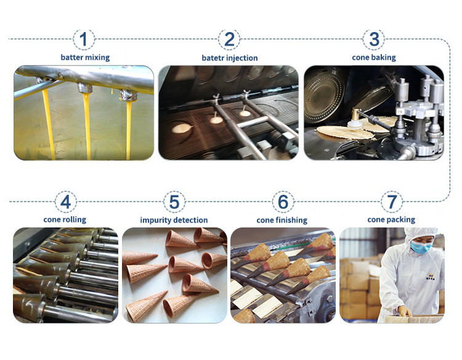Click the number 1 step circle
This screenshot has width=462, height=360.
click(x=84, y=39)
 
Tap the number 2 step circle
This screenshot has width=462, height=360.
click(x=229, y=39)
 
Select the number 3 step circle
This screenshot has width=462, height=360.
click(x=374, y=39)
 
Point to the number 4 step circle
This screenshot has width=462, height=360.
click(x=66, y=202)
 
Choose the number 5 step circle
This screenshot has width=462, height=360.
click(x=174, y=202)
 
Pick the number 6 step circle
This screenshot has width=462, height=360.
click(x=283, y=202)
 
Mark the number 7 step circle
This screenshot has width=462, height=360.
click(x=392, y=202)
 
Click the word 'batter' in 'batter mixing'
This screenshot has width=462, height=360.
click(x=71, y=57)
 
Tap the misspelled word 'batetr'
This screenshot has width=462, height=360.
click(x=211, y=58)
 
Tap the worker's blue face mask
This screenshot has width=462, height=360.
click(x=421, y=247)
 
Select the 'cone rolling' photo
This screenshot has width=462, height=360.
click(x=66, y=275)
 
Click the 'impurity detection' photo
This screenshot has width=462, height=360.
click(x=174, y=275)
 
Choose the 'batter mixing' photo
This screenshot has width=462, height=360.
click(x=84, y=113)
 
